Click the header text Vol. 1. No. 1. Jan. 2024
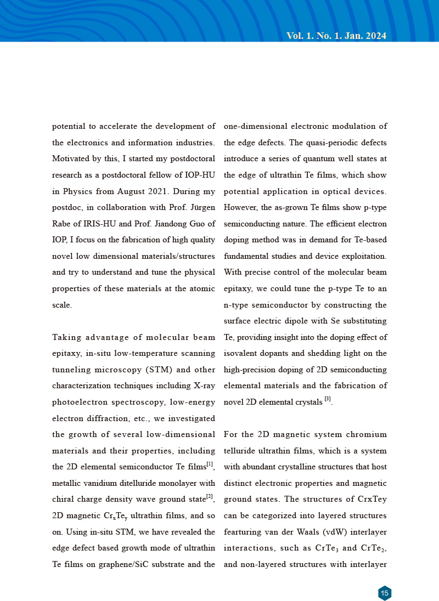tap(336, 36)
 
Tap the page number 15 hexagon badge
tap(385, 593)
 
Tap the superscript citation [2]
tap(209, 497)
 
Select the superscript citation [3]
tap(328, 399)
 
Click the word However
tap(240, 208)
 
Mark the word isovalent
tap(241, 354)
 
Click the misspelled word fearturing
tap(242, 532)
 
